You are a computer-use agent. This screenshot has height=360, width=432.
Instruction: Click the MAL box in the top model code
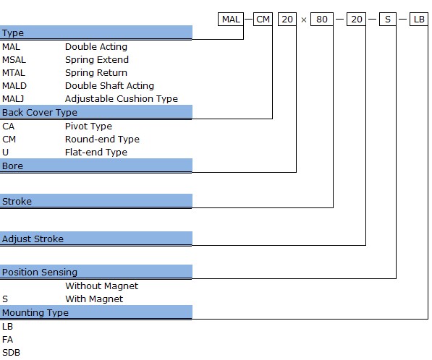(231, 20)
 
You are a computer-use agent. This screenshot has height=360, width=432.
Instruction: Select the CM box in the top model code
(263, 20)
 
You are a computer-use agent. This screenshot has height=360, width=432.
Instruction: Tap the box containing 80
(322, 20)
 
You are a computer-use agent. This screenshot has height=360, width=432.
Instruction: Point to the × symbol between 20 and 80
(304, 20)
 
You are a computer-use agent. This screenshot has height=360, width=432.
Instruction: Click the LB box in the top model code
(419, 20)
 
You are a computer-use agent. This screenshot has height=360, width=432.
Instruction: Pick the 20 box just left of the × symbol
(287, 20)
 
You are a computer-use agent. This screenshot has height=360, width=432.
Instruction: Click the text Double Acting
(96, 47)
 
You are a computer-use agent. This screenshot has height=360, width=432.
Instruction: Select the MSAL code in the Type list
(14, 60)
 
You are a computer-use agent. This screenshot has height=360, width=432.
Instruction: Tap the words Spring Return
(96, 73)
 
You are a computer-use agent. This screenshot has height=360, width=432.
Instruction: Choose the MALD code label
(14, 86)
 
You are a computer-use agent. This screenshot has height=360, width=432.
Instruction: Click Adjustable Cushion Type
(122, 99)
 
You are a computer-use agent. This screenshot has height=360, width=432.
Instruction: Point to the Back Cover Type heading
(40, 112)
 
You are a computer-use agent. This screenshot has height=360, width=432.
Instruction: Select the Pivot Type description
(88, 127)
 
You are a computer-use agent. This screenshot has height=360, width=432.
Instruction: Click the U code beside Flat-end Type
(5, 153)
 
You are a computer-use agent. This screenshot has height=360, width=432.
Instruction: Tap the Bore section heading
(12, 166)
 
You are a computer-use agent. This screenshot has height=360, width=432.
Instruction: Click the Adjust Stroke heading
(33, 239)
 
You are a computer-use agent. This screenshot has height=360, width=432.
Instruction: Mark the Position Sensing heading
(40, 273)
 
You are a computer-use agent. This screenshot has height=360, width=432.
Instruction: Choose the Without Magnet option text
(101, 286)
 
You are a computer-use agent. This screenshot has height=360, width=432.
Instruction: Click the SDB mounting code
(11, 353)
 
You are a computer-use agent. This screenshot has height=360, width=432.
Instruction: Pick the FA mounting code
(7, 340)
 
